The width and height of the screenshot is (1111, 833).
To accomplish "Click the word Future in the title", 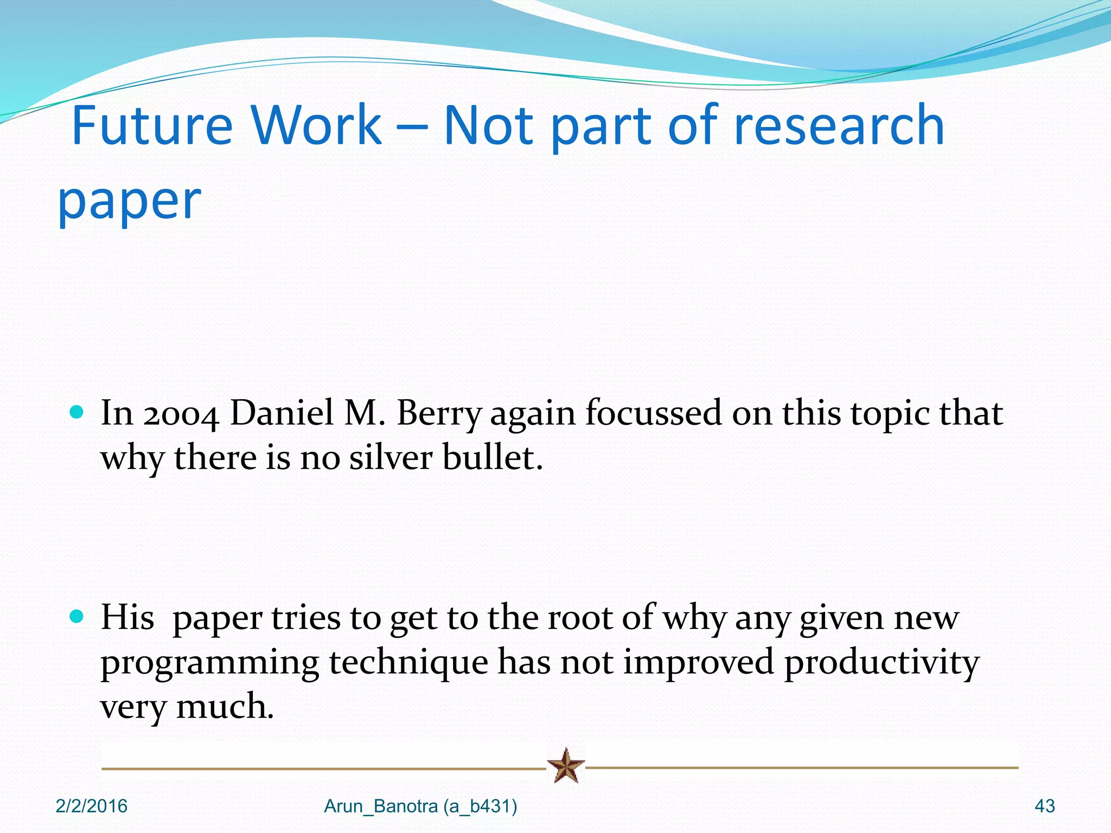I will click(x=152, y=126).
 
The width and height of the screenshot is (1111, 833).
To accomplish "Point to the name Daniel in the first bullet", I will click(x=282, y=413).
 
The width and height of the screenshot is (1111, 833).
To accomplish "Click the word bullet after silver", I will click(x=491, y=458).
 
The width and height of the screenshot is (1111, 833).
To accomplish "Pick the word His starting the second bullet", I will click(x=127, y=618).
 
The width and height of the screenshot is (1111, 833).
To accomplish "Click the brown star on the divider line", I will click(x=566, y=766).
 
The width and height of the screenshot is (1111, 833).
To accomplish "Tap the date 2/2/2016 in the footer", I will click(x=91, y=806).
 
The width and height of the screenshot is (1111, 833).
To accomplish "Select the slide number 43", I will click(x=1045, y=806).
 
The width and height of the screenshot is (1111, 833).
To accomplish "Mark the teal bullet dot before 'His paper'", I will click(x=78, y=617).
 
